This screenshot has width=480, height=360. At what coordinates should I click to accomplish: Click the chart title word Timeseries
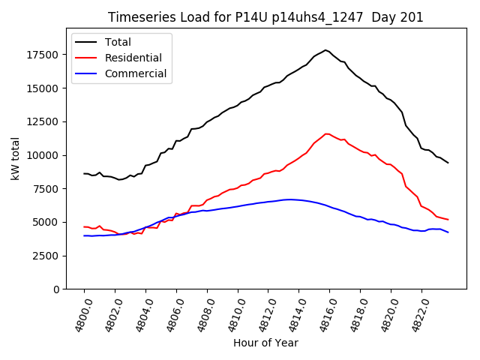coord(137,17)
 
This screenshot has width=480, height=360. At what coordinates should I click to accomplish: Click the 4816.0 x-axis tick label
coord(322,315)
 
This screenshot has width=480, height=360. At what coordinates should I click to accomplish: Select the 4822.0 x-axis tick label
coord(413,315)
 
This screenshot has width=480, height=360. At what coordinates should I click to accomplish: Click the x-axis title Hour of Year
coord(265,343)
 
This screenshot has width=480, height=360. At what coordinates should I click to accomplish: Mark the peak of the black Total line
coord(325,50)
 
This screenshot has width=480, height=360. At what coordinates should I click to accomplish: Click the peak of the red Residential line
coord(325,134)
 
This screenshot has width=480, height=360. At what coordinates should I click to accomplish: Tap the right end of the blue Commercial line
coord(448,232)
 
